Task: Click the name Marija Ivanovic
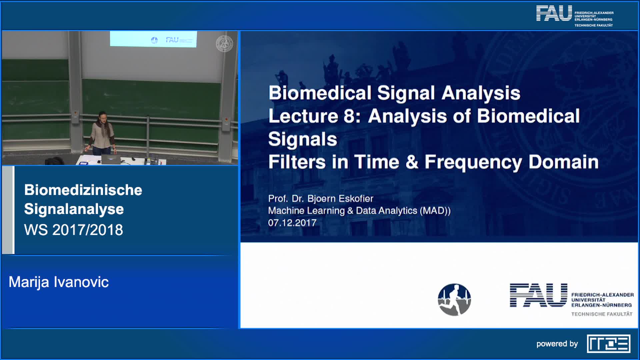pyautogui.click(x=59, y=282)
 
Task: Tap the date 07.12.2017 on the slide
pyautogui.click(x=292, y=223)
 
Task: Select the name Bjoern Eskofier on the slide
pyautogui.click(x=340, y=199)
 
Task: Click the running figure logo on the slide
pyautogui.click(x=454, y=300)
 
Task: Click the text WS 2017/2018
pyautogui.click(x=74, y=230)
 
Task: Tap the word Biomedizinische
pyautogui.click(x=83, y=190)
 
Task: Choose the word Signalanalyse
pyautogui.click(x=74, y=209)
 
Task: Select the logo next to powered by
pyautogui.click(x=609, y=344)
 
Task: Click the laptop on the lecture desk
pyautogui.click(x=111, y=159)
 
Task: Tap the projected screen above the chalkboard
pyautogui.click(x=153, y=39)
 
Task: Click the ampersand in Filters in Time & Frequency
pyautogui.click(x=412, y=162)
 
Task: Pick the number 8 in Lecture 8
pyautogui.click(x=349, y=116)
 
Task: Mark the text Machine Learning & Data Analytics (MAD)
pyautogui.click(x=359, y=211)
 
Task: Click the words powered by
pyautogui.click(x=557, y=344)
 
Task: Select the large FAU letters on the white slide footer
pyautogui.click(x=538, y=295)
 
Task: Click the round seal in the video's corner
pyautogui.click(x=224, y=44)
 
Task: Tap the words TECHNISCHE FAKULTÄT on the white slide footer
pyautogui.click(x=602, y=314)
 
